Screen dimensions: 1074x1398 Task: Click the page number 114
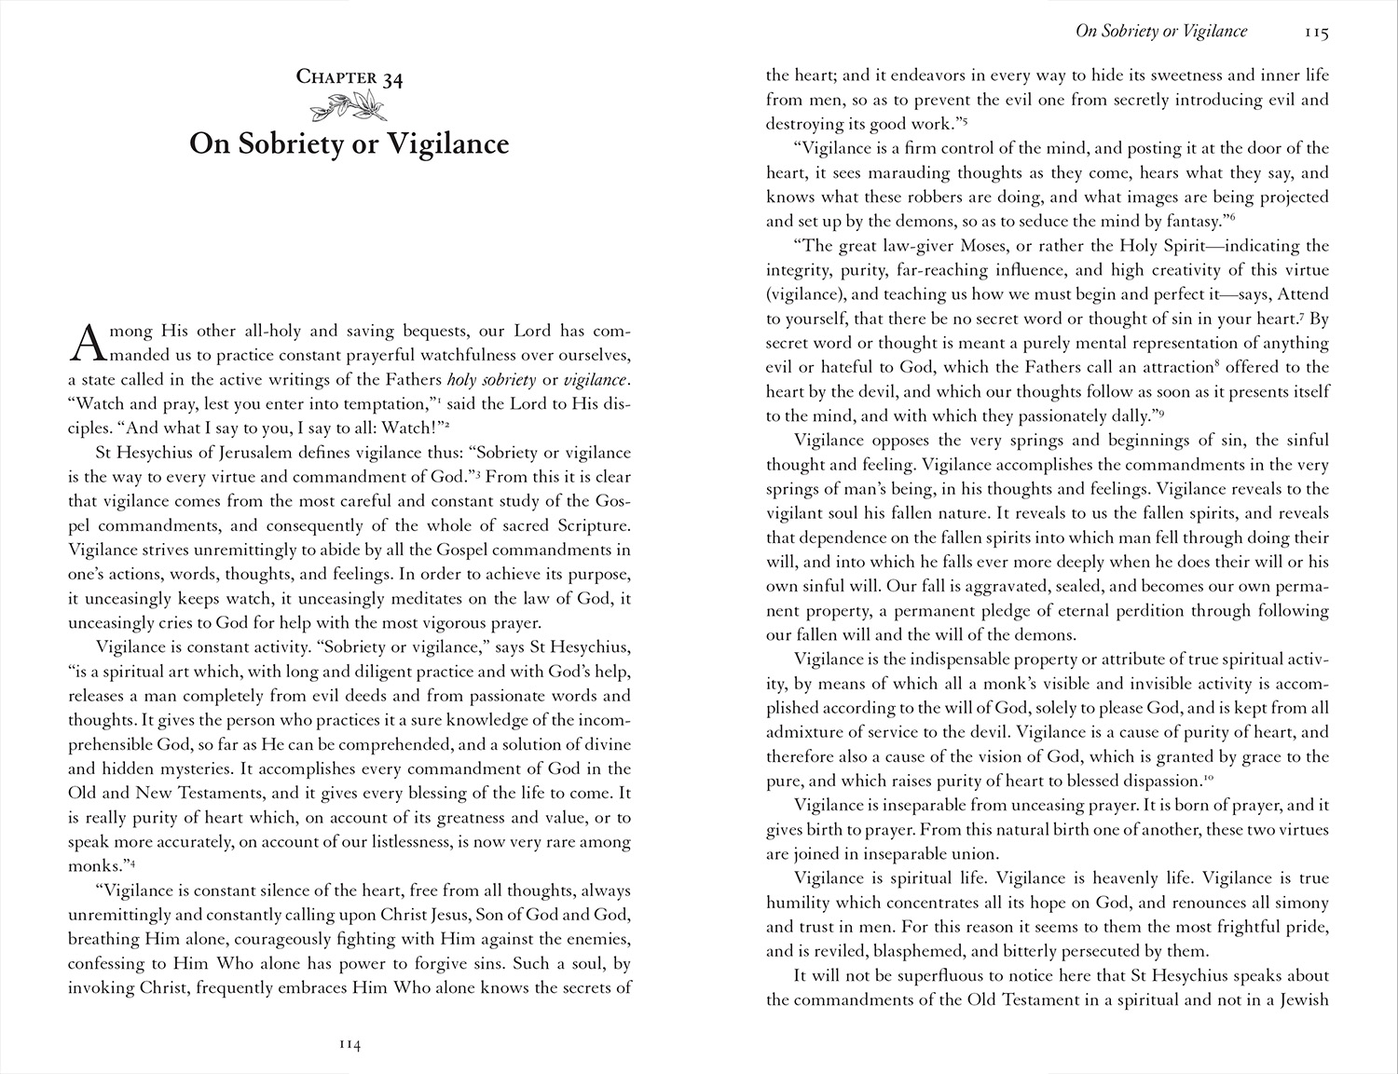click(x=349, y=1045)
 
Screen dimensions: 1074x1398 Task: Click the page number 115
click(x=1316, y=33)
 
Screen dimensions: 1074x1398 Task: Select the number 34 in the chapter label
click(x=392, y=78)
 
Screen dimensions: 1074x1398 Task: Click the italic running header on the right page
click(x=1161, y=32)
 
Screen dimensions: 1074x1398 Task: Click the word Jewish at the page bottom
click(x=1301, y=1000)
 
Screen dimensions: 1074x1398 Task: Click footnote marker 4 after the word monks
click(x=133, y=863)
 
